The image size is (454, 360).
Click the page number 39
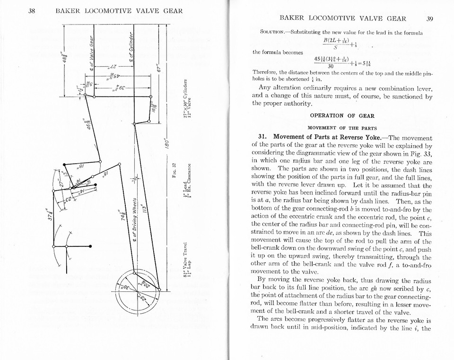coord(429,19)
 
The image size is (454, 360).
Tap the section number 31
coord(263,138)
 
